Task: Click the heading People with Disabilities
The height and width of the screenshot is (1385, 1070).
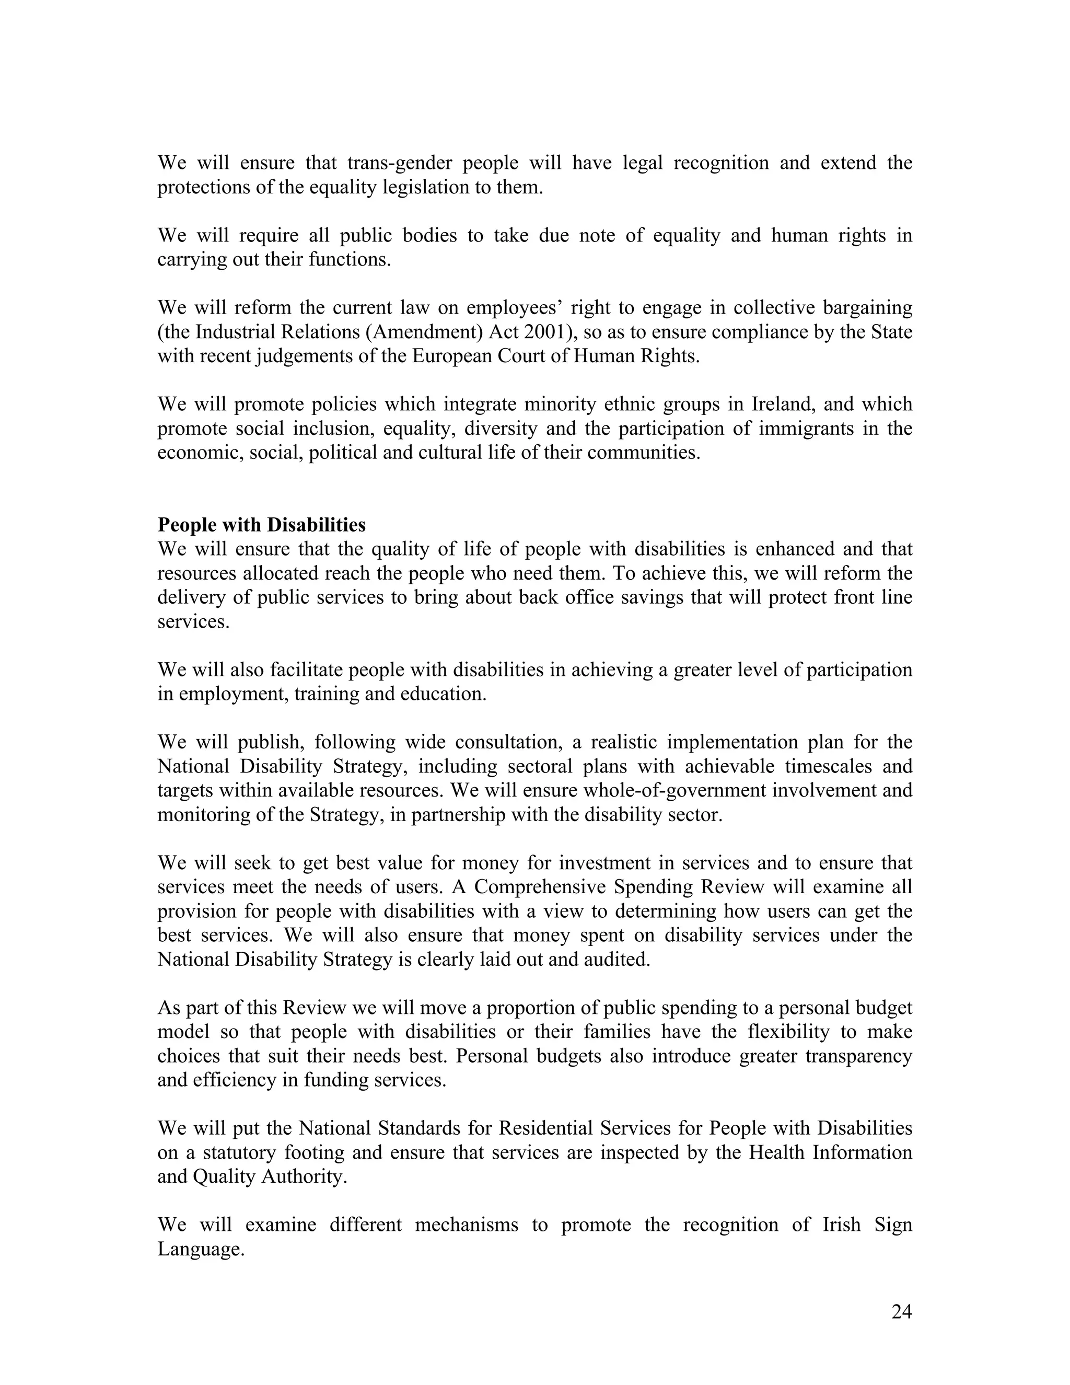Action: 261,525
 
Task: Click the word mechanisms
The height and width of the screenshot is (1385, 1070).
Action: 467,1225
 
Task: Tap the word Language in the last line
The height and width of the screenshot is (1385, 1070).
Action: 200,1249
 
